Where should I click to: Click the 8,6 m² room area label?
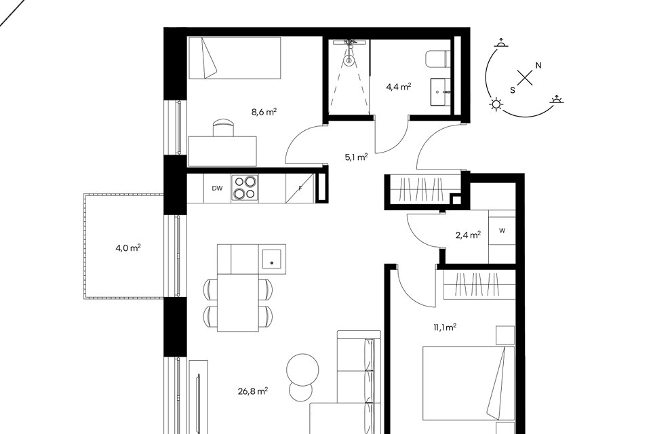264,112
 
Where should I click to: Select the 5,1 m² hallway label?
356,157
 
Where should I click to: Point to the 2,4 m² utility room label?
469,235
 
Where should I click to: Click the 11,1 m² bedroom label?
445,328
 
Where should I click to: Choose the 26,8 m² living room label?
253,391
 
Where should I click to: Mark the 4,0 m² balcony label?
128,248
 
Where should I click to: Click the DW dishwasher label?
217,188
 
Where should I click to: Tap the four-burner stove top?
245,188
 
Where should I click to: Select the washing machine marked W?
502,231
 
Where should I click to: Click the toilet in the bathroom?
437,58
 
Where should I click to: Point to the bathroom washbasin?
440,92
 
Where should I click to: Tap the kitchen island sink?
271,259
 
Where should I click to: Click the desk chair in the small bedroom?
223,127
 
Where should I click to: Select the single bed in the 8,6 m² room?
235,58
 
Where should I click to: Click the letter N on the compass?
538,65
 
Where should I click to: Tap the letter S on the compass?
513,90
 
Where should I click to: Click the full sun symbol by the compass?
496,104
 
